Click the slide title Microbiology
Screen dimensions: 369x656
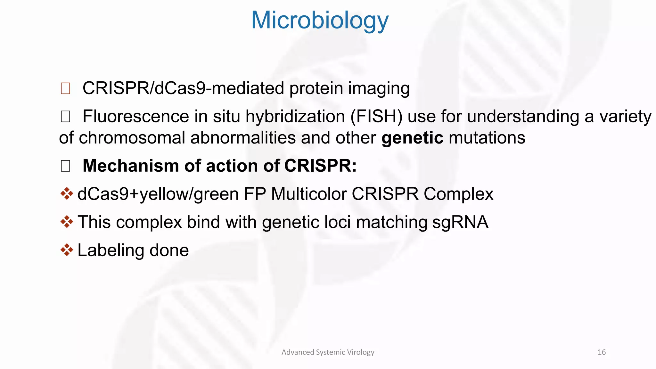click(x=320, y=20)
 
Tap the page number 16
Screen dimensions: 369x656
click(x=602, y=352)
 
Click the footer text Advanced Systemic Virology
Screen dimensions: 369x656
click(x=328, y=352)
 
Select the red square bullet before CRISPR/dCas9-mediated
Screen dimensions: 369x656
click(x=65, y=88)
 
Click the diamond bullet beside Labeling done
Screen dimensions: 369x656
click(x=67, y=250)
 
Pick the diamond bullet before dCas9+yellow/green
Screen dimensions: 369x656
click(x=67, y=194)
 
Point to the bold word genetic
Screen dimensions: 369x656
click(x=412, y=138)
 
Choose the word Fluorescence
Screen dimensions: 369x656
click(x=135, y=116)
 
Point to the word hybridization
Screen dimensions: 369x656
click(x=295, y=116)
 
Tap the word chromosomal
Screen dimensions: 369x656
click(x=132, y=138)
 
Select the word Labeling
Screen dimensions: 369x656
click(x=111, y=250)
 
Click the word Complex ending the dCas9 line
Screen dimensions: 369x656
click(x=458, y=194)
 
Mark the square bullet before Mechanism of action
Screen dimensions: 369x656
click(x=65, y=166)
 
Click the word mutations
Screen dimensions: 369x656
click(x=487, y=138)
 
